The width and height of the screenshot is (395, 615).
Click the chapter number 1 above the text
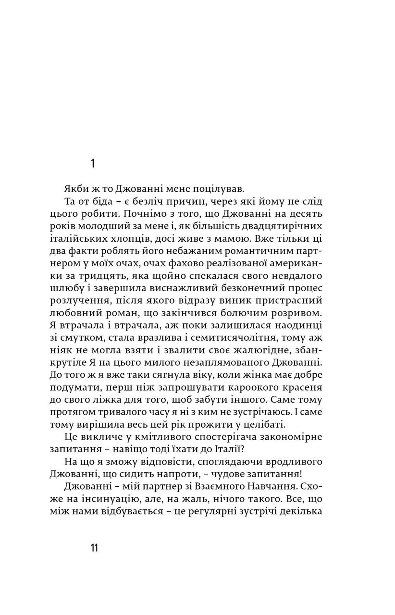[93, 163]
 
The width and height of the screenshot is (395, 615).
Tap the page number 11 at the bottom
[93, 547]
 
